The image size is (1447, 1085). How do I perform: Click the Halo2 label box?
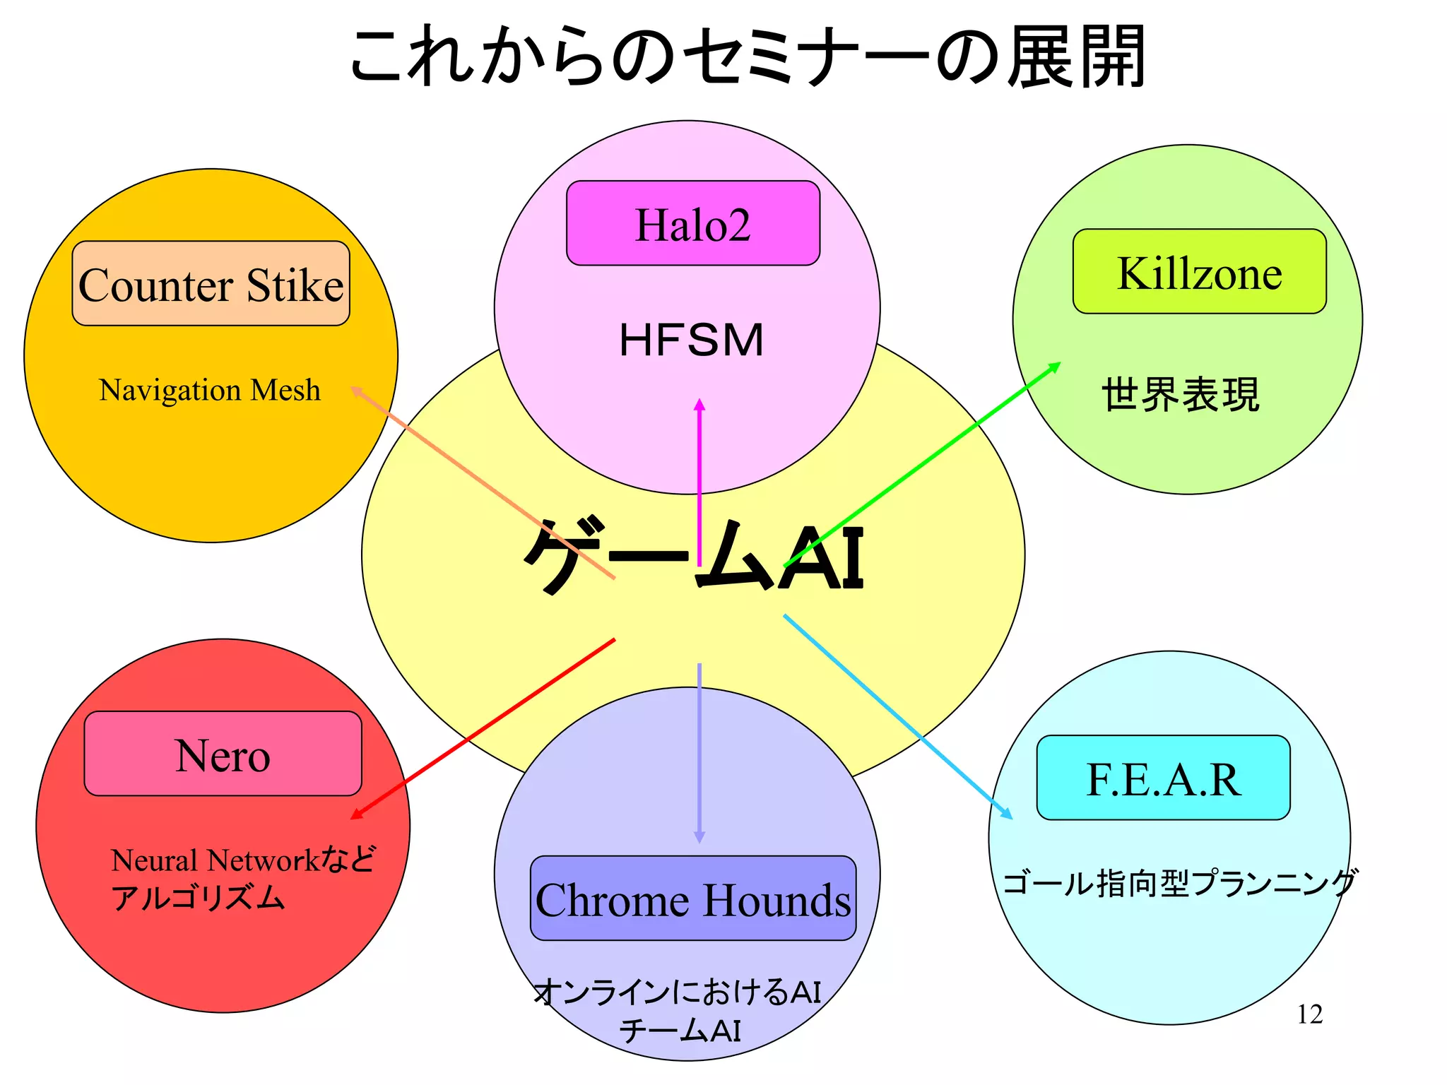[692, 223]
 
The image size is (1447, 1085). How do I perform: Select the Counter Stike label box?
[211, 283]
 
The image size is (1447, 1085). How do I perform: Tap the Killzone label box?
[1199, 271]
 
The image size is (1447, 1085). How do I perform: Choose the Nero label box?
[223, 754]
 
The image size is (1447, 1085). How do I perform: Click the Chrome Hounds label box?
[692, 899]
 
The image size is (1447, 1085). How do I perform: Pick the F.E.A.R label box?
[1163, 778]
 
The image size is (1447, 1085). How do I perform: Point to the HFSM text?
[691, 340]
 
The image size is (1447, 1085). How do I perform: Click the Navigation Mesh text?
[209, 390]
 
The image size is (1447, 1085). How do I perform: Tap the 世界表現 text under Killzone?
[1181, 394]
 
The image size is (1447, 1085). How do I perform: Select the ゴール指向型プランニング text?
[1179, 883]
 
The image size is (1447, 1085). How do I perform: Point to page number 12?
[1309, 1014]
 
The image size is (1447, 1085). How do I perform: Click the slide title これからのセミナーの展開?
[748, 57]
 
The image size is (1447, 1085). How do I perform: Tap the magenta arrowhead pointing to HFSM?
[699, 405]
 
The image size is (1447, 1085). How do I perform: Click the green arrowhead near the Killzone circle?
[1054, 367]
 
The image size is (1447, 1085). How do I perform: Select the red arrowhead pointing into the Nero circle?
[358, 814]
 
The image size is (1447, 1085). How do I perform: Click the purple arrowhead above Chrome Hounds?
[699, 836]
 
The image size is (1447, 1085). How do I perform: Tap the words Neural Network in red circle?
[215, 860]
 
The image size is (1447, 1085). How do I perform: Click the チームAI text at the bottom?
[680, 1031]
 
